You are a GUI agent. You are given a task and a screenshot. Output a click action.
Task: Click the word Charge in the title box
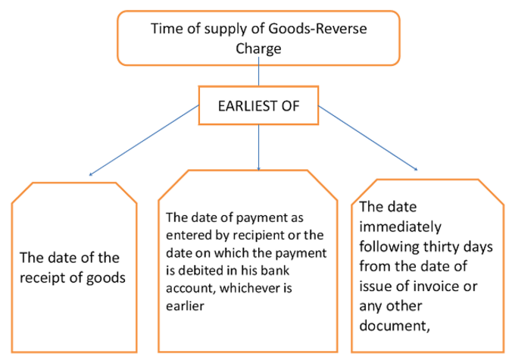pyautogui.click(x=259, y=49)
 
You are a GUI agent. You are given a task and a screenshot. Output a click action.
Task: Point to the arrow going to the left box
pyautogui.click(x=144, y=141)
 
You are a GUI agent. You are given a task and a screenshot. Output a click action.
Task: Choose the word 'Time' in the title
pyautogui.click(x=165, y=30)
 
